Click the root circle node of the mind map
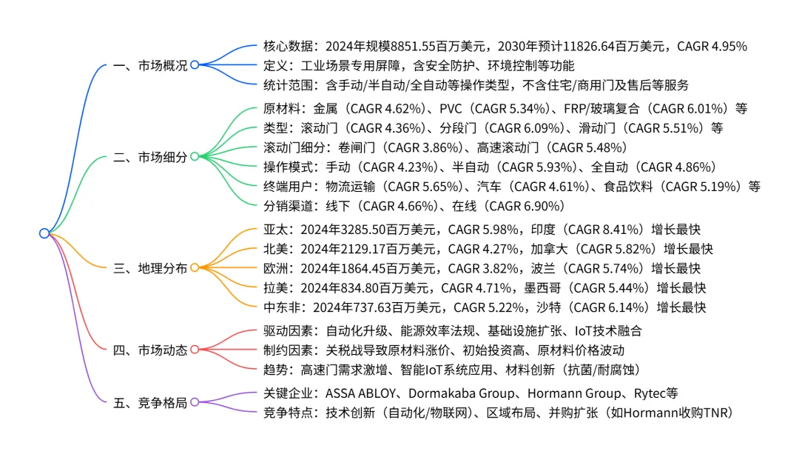tap(44, 233)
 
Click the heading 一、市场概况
tap(150, 65)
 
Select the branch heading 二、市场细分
tap(150, 156)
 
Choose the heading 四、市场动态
tap(150, 350)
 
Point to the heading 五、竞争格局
tap(150, 403)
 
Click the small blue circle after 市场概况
tap(195, 65)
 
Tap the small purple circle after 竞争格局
tap(195, 403)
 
